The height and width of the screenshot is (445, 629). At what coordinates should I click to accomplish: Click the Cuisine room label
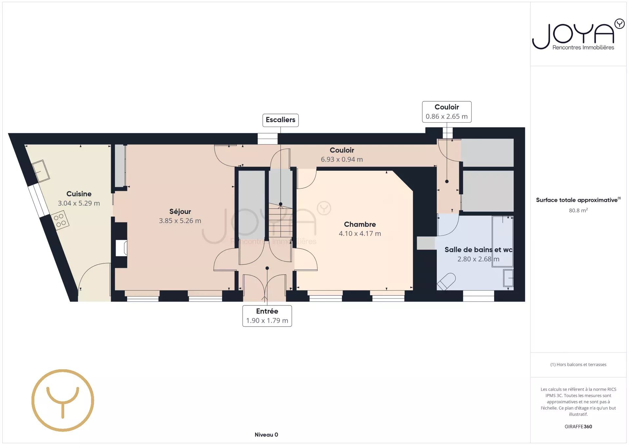[79, 194]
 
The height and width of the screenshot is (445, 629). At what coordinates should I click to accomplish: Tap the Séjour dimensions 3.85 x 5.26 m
[180, 221]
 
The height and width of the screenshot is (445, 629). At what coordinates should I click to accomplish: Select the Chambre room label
[360, 224]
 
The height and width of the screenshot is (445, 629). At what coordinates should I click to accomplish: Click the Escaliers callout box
[280, 120]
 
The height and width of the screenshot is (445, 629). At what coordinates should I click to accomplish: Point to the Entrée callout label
[267, 316]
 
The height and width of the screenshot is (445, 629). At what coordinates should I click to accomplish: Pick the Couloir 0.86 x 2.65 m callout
[447, 112]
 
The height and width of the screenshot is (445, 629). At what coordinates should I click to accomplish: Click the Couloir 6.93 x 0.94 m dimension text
[342, 159]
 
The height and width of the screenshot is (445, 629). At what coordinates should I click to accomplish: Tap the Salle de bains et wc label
[478, 249]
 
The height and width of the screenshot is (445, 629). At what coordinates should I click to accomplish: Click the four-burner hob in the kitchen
[60, 220]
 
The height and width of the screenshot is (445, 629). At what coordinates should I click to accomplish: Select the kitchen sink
[41, 171]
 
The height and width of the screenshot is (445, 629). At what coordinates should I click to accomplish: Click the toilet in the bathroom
[446, 281]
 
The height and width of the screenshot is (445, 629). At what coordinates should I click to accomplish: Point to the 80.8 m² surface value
[578, 210]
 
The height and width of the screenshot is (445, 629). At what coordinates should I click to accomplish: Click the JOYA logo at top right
[578, 34]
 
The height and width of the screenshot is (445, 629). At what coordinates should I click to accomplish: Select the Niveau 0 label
[266, 435]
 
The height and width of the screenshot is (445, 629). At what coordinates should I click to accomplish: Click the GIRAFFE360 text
[578, 426]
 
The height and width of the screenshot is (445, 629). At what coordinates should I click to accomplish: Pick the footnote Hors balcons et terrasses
[578, 364]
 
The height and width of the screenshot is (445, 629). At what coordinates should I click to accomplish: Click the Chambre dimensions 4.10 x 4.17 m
[360, 233]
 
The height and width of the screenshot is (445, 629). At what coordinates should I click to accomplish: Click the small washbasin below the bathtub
[508, 278]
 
